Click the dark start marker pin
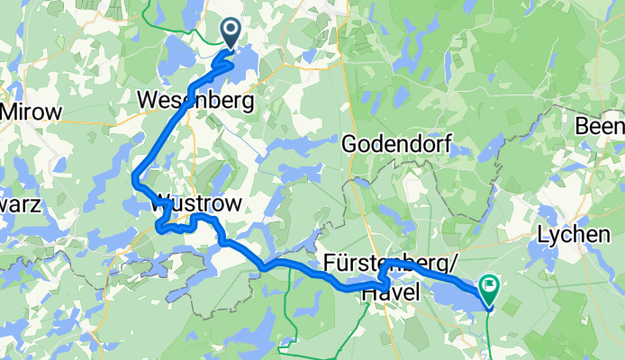click(230, 34)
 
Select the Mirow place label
click(32, 112)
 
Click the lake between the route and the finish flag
click(455, 297)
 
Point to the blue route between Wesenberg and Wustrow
click(162, 135)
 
